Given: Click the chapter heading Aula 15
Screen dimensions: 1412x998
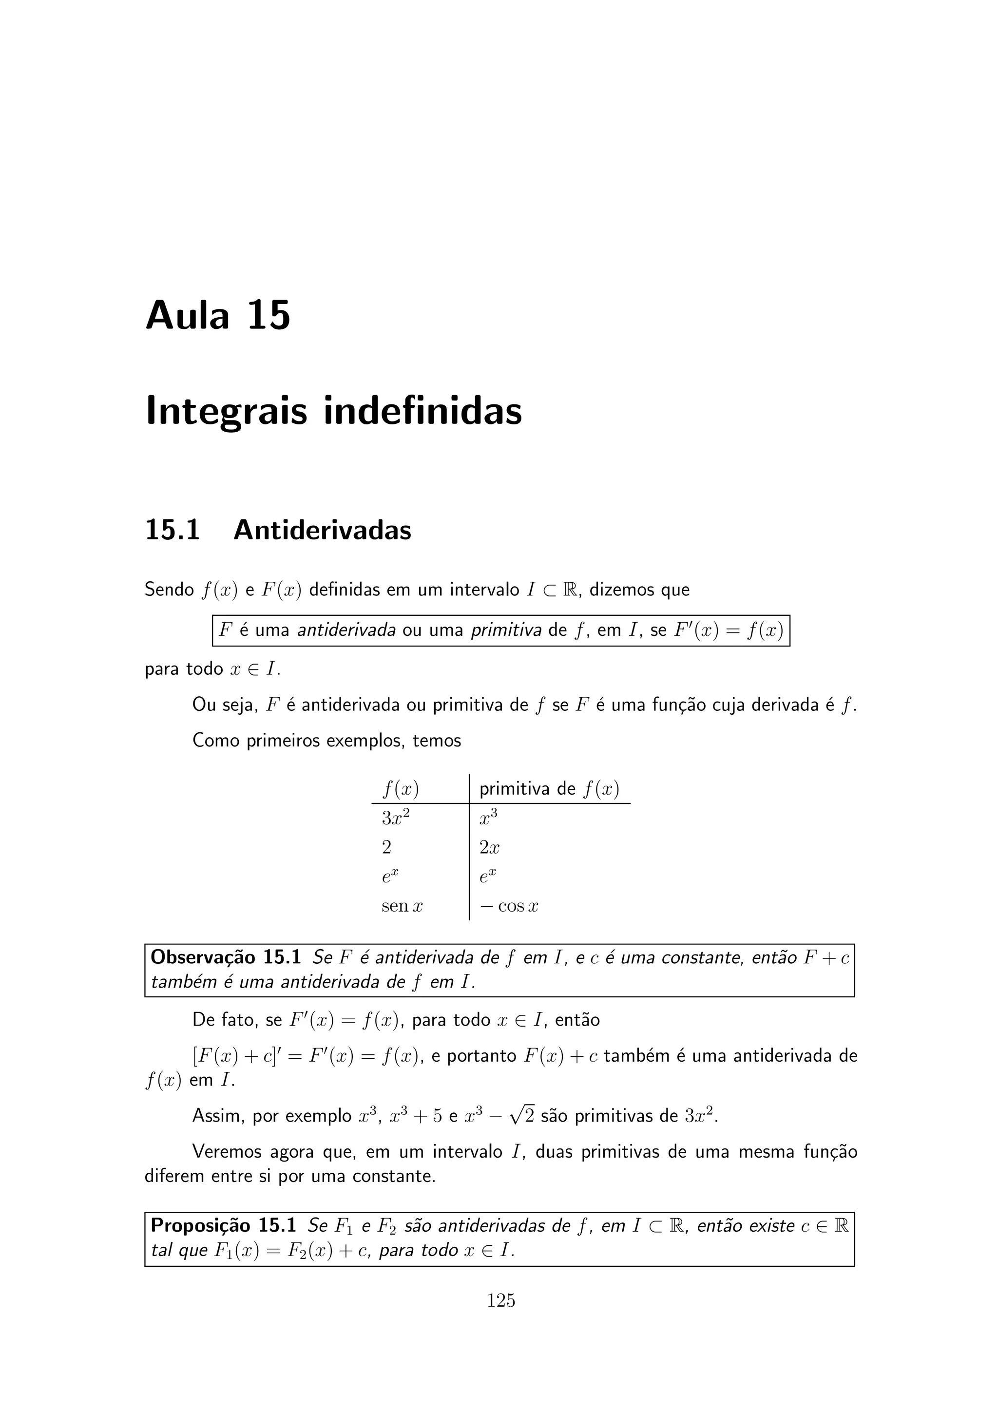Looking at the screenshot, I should (x=218, y=316).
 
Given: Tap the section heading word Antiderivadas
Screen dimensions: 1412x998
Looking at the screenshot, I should (x=322, y=530).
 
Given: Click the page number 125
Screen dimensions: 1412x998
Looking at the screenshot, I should (x=500, y=1301).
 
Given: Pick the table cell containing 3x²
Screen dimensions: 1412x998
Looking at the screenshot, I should (x=395, y=818).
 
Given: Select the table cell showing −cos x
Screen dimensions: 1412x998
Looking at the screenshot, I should (x=509, y=906).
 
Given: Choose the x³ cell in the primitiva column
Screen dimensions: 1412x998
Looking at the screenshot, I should (x=488, y=818).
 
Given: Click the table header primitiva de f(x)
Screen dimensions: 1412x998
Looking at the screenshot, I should (x=549, y=788).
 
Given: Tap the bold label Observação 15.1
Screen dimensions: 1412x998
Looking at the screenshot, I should (x=226, y=957).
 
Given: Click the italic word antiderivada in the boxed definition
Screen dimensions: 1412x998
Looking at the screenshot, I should (x=346, y=630).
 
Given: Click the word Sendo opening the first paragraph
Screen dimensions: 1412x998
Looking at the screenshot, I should (x=169, y=590).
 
